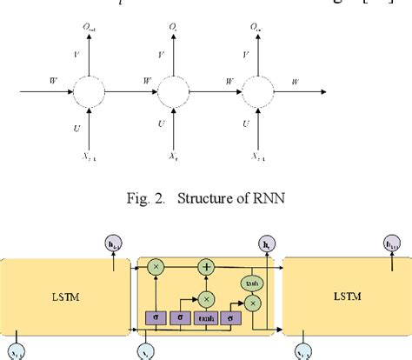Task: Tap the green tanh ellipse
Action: [250, 283]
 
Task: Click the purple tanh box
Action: [206, 319]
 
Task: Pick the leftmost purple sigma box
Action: [156, 319]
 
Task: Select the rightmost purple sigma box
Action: [232, 319]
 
